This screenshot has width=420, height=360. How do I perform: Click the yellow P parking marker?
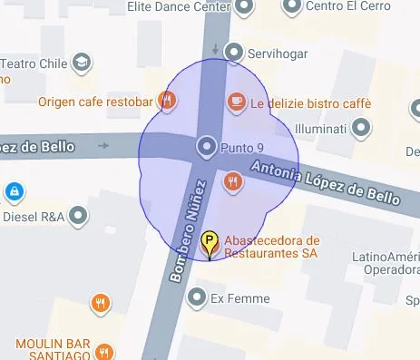[x=210, y=243]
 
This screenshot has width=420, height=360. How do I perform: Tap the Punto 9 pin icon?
[x=207, y=146]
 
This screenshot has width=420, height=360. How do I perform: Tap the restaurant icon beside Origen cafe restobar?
[x=166, y=100]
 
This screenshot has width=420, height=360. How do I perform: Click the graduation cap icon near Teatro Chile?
[x=82, y=63]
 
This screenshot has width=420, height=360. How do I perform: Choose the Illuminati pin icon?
[x=362, y=128]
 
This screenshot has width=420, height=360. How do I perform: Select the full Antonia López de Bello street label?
[x=325, y=181]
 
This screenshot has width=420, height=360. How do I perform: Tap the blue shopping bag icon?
[x=14, y=191]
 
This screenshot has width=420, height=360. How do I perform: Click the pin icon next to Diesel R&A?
[x=79, y=216]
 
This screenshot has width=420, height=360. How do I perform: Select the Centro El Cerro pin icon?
[x=290, y=7]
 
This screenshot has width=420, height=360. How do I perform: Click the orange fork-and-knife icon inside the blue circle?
[x=233, y=181]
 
